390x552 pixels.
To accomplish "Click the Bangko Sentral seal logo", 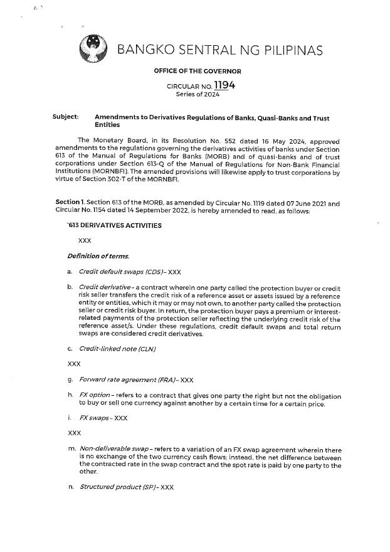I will (93, 49).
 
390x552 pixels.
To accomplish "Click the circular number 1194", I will (224, 85).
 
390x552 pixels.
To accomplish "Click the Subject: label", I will (66, 117).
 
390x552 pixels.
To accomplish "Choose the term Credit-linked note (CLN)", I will (117, 348).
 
